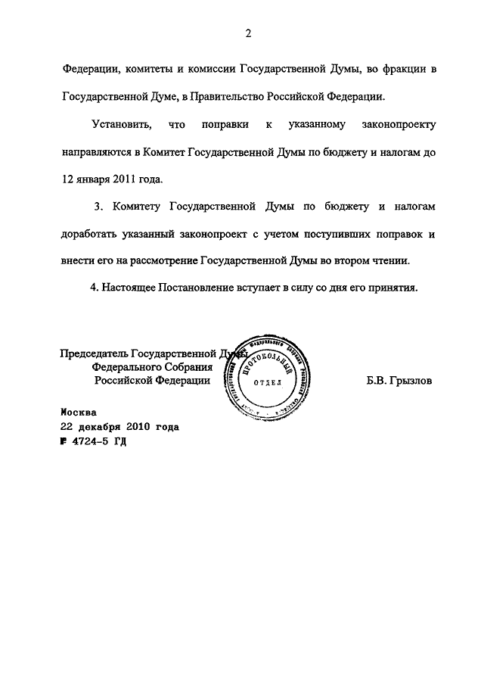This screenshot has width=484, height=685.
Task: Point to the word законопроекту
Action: click(392, 123)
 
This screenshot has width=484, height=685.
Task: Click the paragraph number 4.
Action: click(94, 288)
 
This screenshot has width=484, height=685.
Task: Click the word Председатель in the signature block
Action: click(95, 353)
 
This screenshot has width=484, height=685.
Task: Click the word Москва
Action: click(79, 413)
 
